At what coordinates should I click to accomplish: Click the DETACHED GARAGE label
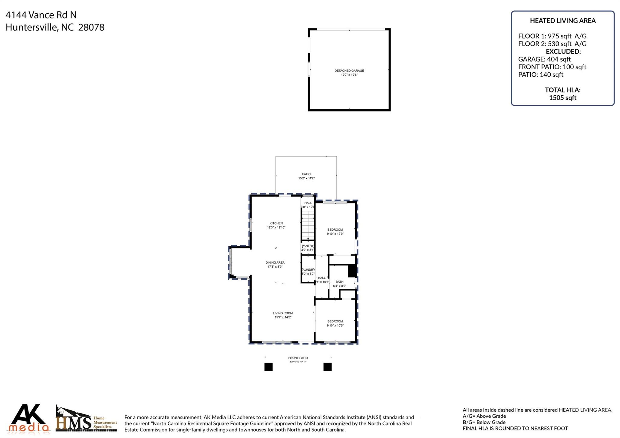(x=349, y=71)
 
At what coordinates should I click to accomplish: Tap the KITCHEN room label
(x=276, y=223)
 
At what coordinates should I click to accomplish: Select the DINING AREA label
(x=275, y=263)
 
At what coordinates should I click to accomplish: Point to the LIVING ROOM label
(x=283, y=313)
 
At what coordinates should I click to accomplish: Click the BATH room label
(x=339, y=282)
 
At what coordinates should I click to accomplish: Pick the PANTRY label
(x=308, y=246)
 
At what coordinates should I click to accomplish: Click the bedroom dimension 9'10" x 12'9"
(x=335, y=234)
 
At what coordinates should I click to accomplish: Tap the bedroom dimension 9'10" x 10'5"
(x=335, y=326)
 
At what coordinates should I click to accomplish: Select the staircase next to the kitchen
(x=308, y=226)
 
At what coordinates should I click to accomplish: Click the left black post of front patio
(x=269, y=367)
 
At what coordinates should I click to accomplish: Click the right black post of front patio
(x=328, y=367)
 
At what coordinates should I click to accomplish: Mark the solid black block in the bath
(x=352, y=271)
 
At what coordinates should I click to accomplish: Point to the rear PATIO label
(x=306, y=174)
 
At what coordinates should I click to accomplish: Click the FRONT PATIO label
(x=298, y=358)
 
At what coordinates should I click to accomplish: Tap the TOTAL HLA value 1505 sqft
(x=562, y=98)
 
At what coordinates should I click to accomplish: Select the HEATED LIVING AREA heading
(x=562, y=21)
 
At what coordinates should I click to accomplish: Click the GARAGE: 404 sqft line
(x=544, y=59)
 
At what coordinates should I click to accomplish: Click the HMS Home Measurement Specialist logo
(x=86, y=420)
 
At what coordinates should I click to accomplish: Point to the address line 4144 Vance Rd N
(x=41, y=15)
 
